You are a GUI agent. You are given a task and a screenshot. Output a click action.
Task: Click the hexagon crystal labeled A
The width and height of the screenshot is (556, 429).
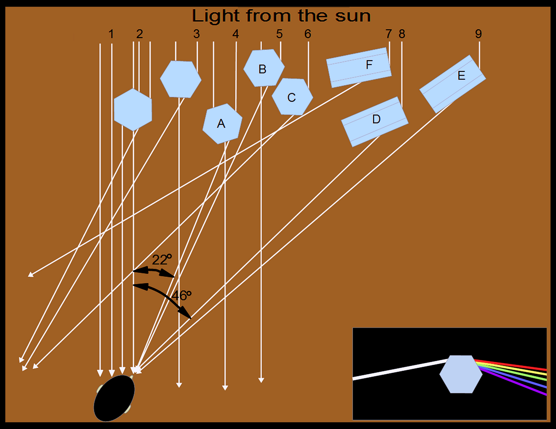(x=222, y=124)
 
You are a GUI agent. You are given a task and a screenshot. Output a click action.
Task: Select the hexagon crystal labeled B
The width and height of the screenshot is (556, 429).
(x=264, y=68)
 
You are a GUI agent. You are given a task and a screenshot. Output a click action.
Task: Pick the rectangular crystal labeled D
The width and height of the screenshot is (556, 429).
(x=375, y=122)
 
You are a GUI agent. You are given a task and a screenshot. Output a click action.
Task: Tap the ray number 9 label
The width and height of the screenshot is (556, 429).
(x=478, y=34)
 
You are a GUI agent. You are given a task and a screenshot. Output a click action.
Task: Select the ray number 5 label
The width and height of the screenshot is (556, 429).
(x=279, y=34)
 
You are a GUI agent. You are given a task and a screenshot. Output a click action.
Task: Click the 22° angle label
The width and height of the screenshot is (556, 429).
(x=162, y=260)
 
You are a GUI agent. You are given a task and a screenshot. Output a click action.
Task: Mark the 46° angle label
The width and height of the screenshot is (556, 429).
(x=181, y=295)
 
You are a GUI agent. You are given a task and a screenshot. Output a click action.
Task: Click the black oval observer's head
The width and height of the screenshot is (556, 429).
(x=114, y=398)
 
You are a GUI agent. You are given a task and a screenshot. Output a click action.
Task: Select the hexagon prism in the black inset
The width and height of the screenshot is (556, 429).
(x=461, y=374)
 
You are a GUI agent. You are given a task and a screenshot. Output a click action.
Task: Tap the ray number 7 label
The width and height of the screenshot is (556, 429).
(x=388, y=34)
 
